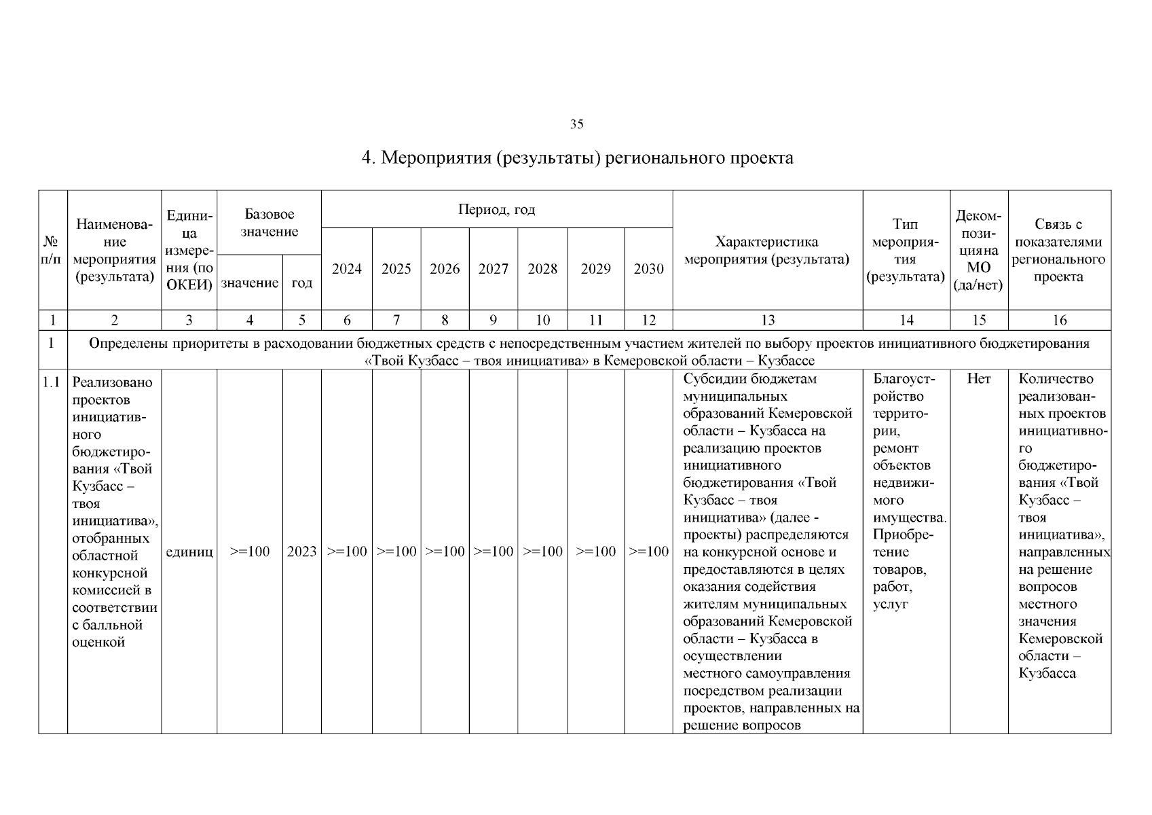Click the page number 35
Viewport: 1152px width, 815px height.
coord(576,124)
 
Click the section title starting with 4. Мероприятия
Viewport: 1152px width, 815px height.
coord(576,158)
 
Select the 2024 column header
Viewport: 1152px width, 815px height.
coord(346,269)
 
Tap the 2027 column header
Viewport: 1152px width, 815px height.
coord(493,269)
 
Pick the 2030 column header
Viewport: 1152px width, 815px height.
coord(648,269)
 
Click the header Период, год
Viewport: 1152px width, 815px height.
coord(496,210)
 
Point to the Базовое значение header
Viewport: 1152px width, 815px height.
coord(269,223)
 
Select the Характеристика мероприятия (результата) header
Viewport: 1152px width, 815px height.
coord(767,251)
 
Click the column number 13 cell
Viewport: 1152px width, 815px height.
coord(767,321)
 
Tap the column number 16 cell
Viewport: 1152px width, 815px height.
coord(1059,321)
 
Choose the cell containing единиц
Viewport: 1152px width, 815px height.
coord(189,551)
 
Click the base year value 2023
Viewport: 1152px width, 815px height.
coord(301,551)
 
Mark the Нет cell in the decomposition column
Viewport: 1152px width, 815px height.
coord(978,379)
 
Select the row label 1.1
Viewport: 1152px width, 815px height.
coord(52,382)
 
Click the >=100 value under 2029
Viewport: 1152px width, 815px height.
coord(595,551)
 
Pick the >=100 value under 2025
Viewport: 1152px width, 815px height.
coord(396,551)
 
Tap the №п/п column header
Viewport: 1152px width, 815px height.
coord(52,251)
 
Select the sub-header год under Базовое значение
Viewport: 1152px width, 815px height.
coord(301,283)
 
